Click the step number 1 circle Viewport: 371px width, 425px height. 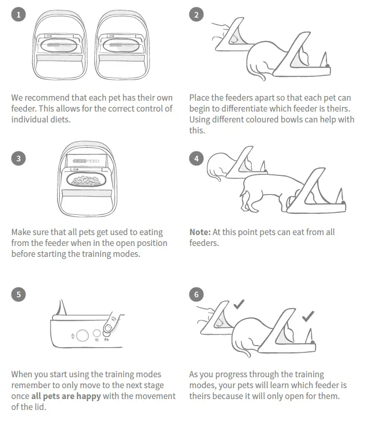click(x=18, y=15)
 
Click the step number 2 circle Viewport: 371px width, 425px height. click(x=196, y=15)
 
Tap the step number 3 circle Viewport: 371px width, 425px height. click(x=18, y=158)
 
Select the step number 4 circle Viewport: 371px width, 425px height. click(x=196, y=158)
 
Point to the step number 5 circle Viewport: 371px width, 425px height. click(x=18, y=294)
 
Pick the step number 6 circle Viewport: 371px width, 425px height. click(x=196, y=295)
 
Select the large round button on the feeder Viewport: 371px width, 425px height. click(x=82, y=335)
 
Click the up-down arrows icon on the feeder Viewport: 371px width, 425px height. click(x=72, y=336)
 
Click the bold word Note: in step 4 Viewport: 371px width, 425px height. click(x=200, y=232)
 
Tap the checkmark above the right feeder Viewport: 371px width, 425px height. click(x=308, y=314)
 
